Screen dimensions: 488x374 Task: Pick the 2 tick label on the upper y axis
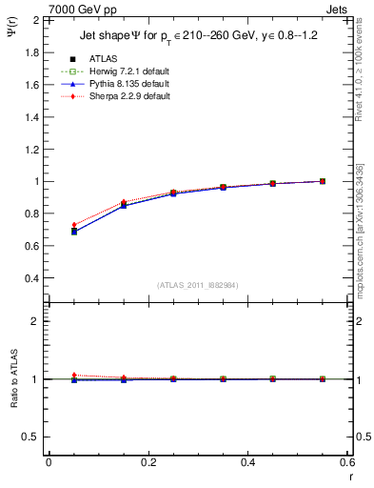click(x=34, y=19)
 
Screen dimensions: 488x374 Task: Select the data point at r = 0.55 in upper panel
click(x=323, y=181)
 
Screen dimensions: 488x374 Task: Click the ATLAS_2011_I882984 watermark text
click(x=198, y=285)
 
